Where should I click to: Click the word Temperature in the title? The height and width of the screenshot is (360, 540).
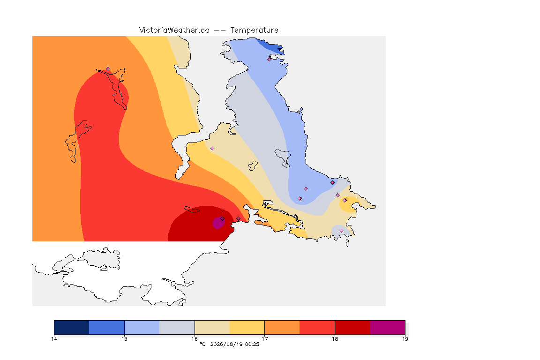coord(254,30)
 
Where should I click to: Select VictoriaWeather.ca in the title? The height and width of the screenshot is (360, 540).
coord(174,30)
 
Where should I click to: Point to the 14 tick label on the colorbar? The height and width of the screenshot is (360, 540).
coord(54,339)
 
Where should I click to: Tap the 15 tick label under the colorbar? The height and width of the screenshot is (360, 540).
coord(124,339)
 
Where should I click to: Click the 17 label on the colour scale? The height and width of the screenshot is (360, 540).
coord(264,339)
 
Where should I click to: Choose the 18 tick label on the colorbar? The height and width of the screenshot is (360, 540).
coord(335,339)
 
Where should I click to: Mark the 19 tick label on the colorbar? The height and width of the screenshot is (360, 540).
coord(405,339)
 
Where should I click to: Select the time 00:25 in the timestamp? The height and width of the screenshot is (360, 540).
coord(252,344)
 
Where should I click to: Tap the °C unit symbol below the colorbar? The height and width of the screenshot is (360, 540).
coord(202,344)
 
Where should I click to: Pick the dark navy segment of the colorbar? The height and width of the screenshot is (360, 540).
coord(72,327)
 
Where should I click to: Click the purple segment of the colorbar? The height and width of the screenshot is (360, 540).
coord(388,327)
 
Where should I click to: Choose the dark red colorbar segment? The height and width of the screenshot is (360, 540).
coord(352,327)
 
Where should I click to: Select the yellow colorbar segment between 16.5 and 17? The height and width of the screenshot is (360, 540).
coord(247,327)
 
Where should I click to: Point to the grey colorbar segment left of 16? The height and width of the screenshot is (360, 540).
coord(177,327)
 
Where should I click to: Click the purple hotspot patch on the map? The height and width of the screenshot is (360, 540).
coord(218,223)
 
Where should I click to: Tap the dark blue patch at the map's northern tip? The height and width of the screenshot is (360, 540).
coord(272,46)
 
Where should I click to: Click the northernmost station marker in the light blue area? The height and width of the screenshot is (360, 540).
coord(270,59)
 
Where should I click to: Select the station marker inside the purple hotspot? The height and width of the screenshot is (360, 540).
coord(223,219)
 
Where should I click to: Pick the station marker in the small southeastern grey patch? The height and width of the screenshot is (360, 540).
coord(341,231)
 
